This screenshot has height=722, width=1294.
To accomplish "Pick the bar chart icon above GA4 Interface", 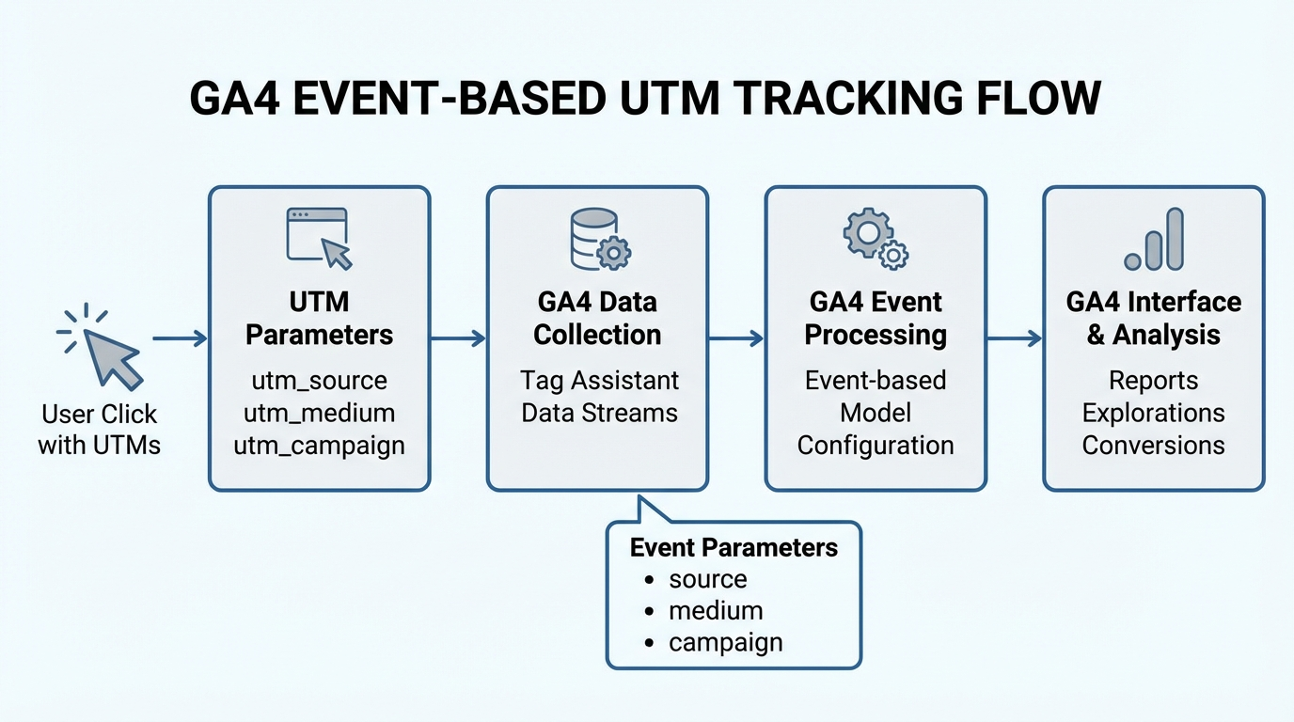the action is (x=1154, y=241).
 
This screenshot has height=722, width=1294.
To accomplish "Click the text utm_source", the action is (x=319, y=381).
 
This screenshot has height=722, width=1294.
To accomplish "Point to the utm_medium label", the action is (x=319, y=413).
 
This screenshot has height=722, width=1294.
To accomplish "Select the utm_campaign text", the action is (x=319, y=445).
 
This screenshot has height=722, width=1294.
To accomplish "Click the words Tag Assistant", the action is (x=599, y=381).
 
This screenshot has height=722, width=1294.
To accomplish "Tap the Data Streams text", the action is (x=599, y=413).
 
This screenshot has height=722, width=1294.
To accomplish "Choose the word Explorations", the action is (x=1153, y=413).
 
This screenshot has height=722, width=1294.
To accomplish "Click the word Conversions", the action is (x=1153, y=445).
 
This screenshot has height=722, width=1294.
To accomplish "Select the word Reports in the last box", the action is (x=1153, y=381).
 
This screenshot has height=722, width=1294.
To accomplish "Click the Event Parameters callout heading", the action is (x=733, y=548).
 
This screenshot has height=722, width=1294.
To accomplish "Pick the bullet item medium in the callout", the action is (x=715, y=611).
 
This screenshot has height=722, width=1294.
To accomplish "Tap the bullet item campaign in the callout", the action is (x=725, y=643).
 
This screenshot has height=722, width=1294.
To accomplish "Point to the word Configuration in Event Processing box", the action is (x=876, y=445).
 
